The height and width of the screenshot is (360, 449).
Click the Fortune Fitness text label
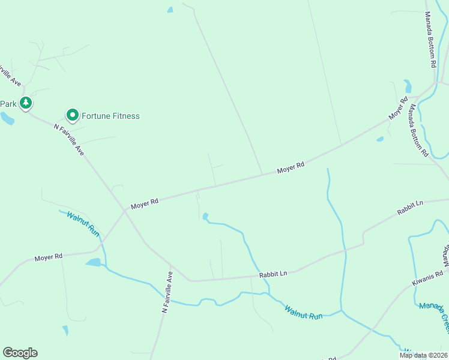click(110, 116)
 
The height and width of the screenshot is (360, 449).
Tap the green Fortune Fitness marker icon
click(72, 115)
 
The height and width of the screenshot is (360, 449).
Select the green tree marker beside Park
click(25, 103)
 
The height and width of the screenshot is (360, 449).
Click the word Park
click(8, 104)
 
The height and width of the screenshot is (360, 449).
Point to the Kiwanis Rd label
click(428, 273)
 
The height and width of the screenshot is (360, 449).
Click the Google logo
click(20, 353)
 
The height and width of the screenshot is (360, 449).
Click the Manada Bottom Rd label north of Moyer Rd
click(431, 38)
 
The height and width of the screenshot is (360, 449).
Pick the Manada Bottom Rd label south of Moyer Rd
click(419, 130)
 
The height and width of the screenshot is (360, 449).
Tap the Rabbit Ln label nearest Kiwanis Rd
click(410, 208)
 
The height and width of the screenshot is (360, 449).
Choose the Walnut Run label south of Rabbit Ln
click(303, 312)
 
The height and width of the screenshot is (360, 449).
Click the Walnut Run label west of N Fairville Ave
click(83, 222)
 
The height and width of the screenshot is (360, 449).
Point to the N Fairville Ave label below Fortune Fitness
click(69, 140)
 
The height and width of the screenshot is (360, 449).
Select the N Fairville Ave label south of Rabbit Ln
click(167, 292)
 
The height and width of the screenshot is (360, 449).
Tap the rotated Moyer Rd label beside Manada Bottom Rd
click(398, 107)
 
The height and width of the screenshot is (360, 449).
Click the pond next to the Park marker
click(7, 119)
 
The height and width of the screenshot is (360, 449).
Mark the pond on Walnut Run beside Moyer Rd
click(93, 262)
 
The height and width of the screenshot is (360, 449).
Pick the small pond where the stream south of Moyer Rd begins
click(205, 216)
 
